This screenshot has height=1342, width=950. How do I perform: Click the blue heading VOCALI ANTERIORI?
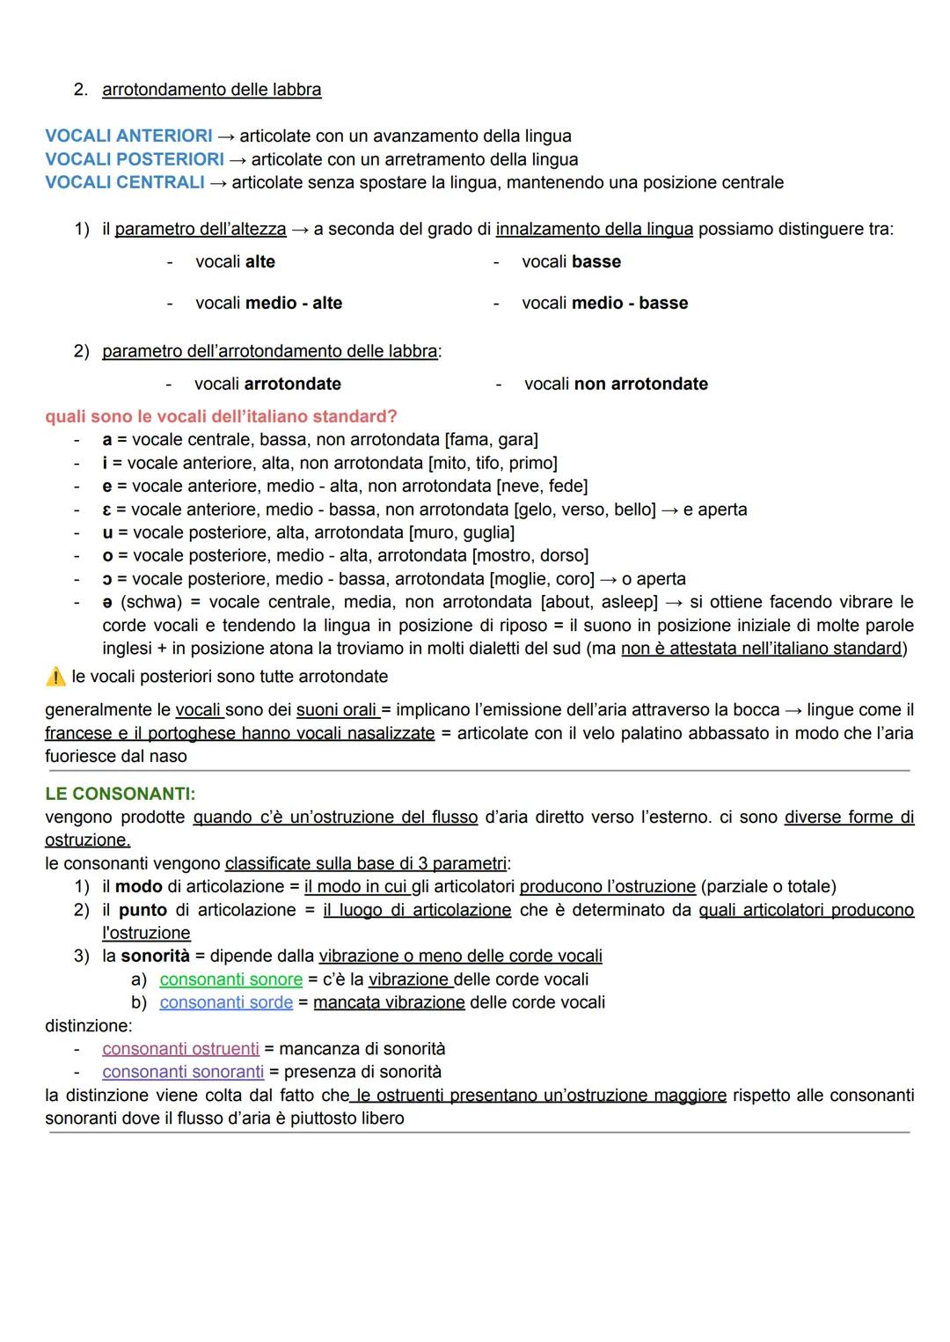pyautogui.click(x=128, y=136)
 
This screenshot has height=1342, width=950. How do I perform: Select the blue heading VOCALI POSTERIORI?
pyautogui.click(x=135, y=159)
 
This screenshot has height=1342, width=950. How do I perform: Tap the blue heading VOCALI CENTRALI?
pyautogui.click(x=124, y=182)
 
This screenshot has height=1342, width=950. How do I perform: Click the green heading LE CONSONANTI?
pyautogui.click(x=121, y=794)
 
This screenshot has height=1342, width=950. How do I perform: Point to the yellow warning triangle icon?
pyautogui.click(x=55, y=677)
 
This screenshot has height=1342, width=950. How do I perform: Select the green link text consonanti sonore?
pyautogui.click(x=230, y=979)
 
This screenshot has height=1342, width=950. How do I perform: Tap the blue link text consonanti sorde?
pyautogui.click(x=226, y=1002)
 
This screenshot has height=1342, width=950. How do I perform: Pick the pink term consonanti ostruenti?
pyautogui.click(x=180, y=1049)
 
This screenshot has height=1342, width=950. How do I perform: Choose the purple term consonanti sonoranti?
pyautogui.click(x=183, y=1072)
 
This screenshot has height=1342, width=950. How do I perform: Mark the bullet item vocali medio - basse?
pyautogui.click(x=604, y=303)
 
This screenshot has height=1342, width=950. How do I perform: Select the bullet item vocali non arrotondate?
pyautogui.click(x=616, y=384)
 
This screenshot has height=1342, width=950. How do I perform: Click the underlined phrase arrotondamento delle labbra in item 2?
pyautogui.click(x=212, y=90)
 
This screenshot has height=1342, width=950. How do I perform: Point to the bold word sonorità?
pyautogui.click(x=155, y=956)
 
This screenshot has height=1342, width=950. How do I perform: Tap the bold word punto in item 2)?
pyautogui.click(x=142, y=910)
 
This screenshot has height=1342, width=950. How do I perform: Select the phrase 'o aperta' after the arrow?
pyautogui.click(x=654, y=579)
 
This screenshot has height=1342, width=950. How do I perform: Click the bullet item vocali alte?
pyautogui.click(x=235, y=261)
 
